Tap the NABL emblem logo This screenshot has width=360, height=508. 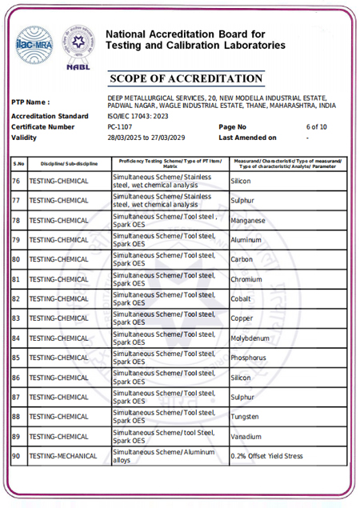[x=78, y=46]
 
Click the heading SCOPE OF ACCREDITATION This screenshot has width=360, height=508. [x=185, y=79]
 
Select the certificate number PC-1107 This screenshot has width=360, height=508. [x=120, y=126]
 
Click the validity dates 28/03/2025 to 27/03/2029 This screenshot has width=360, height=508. [x=146, y=138]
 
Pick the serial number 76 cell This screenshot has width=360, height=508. [x=17, y=182]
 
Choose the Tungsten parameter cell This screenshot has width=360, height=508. [x=245, y=417]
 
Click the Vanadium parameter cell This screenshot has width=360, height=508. [x=246, y=437]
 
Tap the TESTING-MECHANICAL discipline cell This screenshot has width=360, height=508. [x=63, y=457]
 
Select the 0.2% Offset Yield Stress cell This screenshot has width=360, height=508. [x=267, y=457]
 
